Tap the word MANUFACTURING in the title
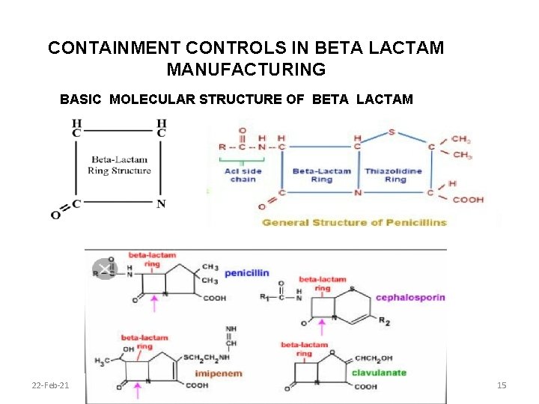click(x=246, y=70)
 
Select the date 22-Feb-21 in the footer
click(x=51, y=385)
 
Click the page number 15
click(x=502, y=385)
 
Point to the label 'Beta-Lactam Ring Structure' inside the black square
click(x=119, y=165)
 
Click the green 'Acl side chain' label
click(x=243, y=175)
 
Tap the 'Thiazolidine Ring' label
click(x=394, y=175)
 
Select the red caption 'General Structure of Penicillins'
click(x=354, y=222)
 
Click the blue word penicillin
click(x=246, y=273)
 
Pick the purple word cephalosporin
click(x=410, y=297)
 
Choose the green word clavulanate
click(x=377, y=372)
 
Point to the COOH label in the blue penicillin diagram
click(x=468, y=200)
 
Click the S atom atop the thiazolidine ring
click(x=392, y=132)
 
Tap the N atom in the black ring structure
click(x=161, y=203)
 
